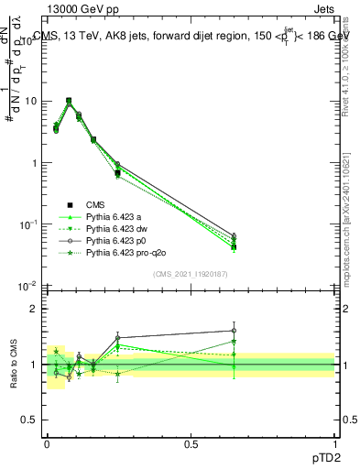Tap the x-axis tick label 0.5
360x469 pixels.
(x=191, y=443)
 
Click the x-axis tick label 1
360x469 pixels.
(x=334, y=443)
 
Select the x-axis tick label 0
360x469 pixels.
(x=47, y=443)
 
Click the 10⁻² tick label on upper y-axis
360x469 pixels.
(x=27, y=286)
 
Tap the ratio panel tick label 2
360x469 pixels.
(x=34, y=309)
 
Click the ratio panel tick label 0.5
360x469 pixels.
(x=30, y=420)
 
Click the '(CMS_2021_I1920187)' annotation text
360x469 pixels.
(x=190, y=274)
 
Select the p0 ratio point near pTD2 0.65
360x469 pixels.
(x=234, y=331)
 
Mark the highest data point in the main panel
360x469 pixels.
(x=69, y=101)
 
